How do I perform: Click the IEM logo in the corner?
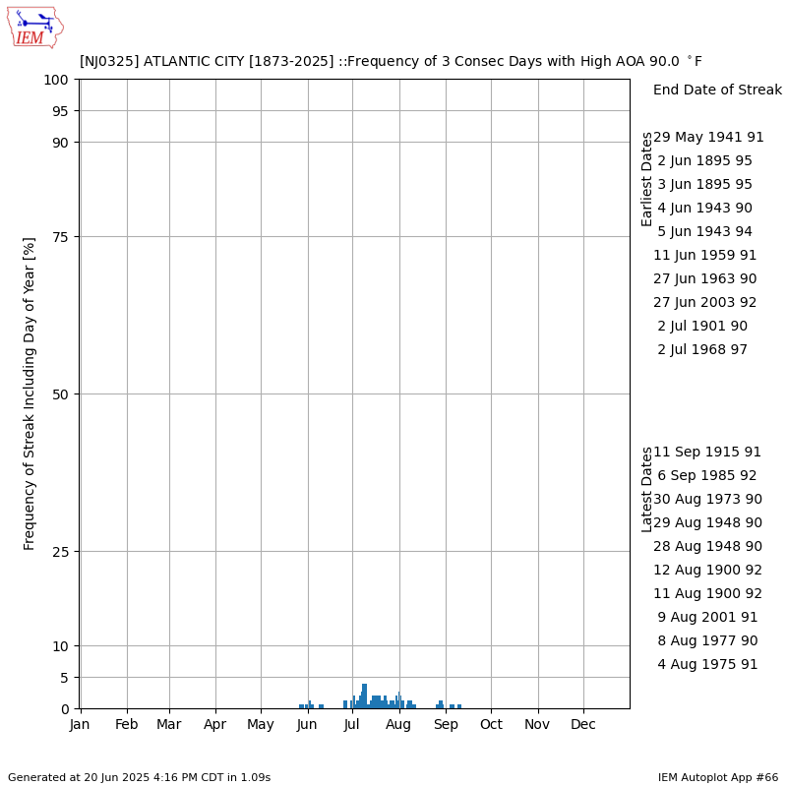pos(35,27)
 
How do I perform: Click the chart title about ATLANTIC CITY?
pos(391,61)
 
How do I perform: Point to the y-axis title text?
pos(30,393)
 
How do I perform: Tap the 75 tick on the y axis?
pos(62,237)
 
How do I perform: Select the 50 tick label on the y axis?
pos(62,394)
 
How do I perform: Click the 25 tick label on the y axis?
pos(62,552)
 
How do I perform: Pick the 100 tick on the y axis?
pos(58,80)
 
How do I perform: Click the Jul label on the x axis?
pos(352,725)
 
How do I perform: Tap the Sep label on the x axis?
pos(446,725)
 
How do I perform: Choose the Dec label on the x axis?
pos(584,725)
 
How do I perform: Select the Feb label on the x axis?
pos(127,725)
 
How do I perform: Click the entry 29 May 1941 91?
pos(708,138)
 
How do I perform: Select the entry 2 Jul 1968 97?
pos(702,350)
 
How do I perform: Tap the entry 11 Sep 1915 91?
pos(707,453)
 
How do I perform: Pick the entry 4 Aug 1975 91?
pos(707,665)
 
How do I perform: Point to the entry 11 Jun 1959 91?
pos(705,256)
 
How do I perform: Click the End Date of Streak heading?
pos(717,91)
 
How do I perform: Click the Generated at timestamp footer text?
pos(139,777)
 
